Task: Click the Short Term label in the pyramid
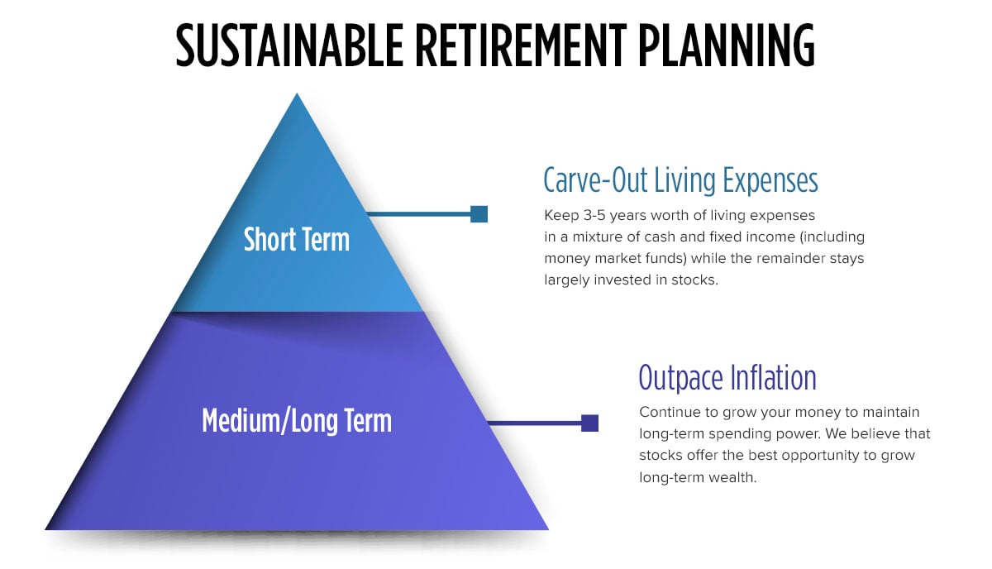click(296, 240)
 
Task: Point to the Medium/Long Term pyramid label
click(296, 421)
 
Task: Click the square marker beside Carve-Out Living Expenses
click(479, 214)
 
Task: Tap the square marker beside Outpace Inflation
click(589, 423)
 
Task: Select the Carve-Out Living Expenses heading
click(680, 179)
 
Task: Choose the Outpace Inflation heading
click(727, 377)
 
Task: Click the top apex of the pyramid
click(296, 96)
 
